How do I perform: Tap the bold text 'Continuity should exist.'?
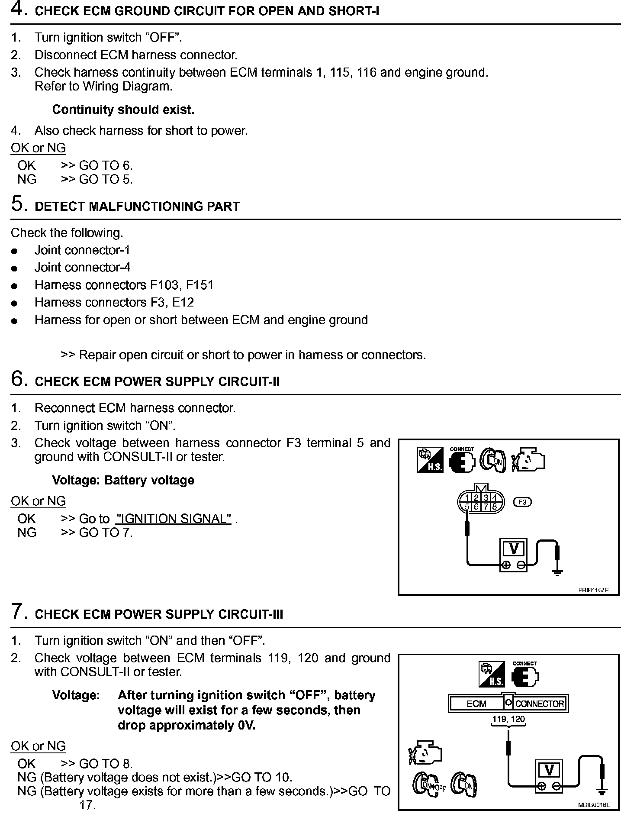(x=123, y=110)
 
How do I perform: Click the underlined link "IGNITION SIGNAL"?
(x=174, y=519)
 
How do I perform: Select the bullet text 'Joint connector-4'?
(x=82, y=268)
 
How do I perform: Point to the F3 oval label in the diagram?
(x=522, y=502)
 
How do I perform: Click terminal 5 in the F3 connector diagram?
(x=467, y=507)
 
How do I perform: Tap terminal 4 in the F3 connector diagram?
(x=495, y=498)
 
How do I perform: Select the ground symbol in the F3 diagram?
(x=557, y=572)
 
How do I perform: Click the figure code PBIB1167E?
(x=594, y=590)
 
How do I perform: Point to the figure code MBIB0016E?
(x=594, y=805)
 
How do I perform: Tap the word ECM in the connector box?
(x=476, y=704)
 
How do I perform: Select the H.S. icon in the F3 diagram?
(x=430, y=460)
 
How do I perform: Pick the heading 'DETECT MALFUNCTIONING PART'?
(x=137, y=207)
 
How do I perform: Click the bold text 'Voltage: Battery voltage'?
(x=123, y=481)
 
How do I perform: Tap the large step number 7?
(x=18, y=612)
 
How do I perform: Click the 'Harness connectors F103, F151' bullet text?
(x=124, y=285)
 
